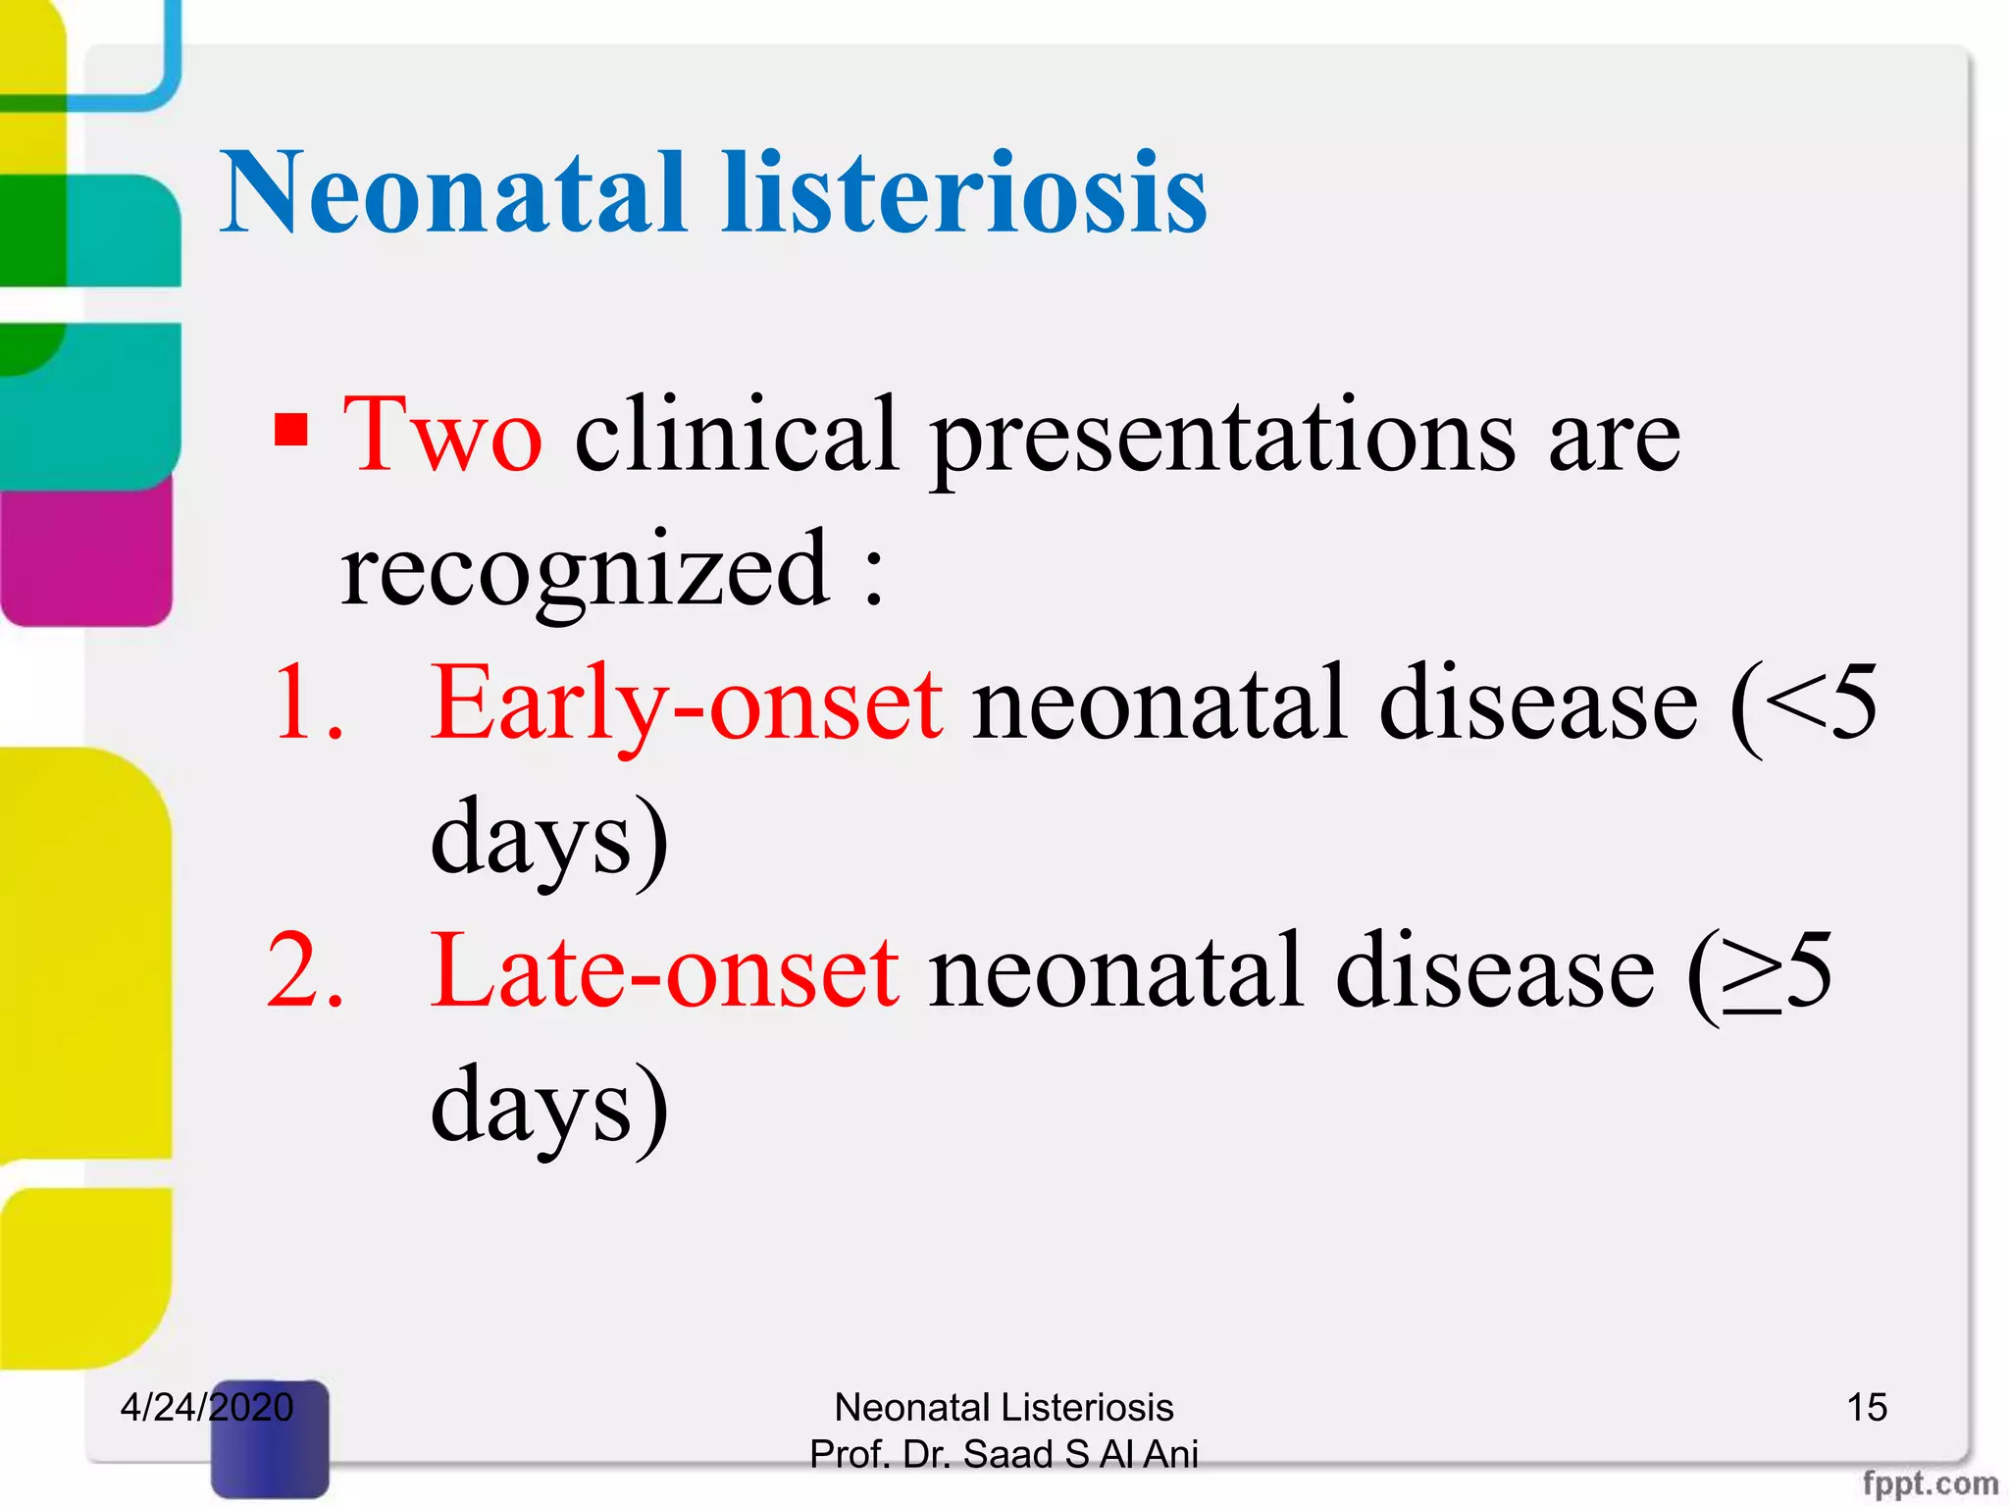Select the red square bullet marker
(291, 430)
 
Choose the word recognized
(586, 571)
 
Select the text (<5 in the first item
(1803, 702)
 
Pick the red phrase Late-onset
(665, 971)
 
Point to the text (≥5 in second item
(1758, 971)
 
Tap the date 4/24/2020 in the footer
(206, 1407)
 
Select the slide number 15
(1866, 1407)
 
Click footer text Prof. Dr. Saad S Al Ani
(1004, 1454)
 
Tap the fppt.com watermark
(1929, 1482)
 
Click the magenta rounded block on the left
(86, 554)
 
